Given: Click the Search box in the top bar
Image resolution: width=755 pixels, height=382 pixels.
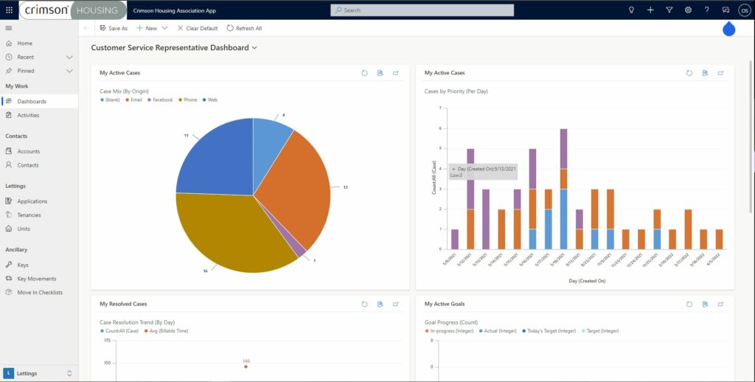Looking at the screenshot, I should (x=422, y=10).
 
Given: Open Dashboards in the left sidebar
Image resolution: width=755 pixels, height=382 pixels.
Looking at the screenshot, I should (x=32, y=101).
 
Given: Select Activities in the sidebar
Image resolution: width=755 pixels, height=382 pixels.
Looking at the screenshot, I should (x=28, y=115).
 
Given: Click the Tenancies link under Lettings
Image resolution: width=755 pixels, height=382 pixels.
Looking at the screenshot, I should (x=29, y=215).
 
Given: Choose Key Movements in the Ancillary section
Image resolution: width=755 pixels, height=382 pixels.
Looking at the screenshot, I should (x=36, y=279).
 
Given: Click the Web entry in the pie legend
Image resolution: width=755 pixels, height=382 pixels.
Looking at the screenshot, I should (x=212, y=100).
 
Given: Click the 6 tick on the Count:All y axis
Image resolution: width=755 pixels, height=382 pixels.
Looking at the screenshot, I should (x=439, y=128).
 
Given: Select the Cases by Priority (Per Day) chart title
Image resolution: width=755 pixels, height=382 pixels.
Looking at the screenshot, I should (x=456, y=91).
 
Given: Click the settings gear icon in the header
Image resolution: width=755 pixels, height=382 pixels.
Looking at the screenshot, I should (x=688, y=10).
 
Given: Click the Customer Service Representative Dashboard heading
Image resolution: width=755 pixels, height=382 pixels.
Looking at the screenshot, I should (x=170, y=48).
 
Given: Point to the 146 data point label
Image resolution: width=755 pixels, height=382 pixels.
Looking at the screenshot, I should (x=246, y=361).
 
